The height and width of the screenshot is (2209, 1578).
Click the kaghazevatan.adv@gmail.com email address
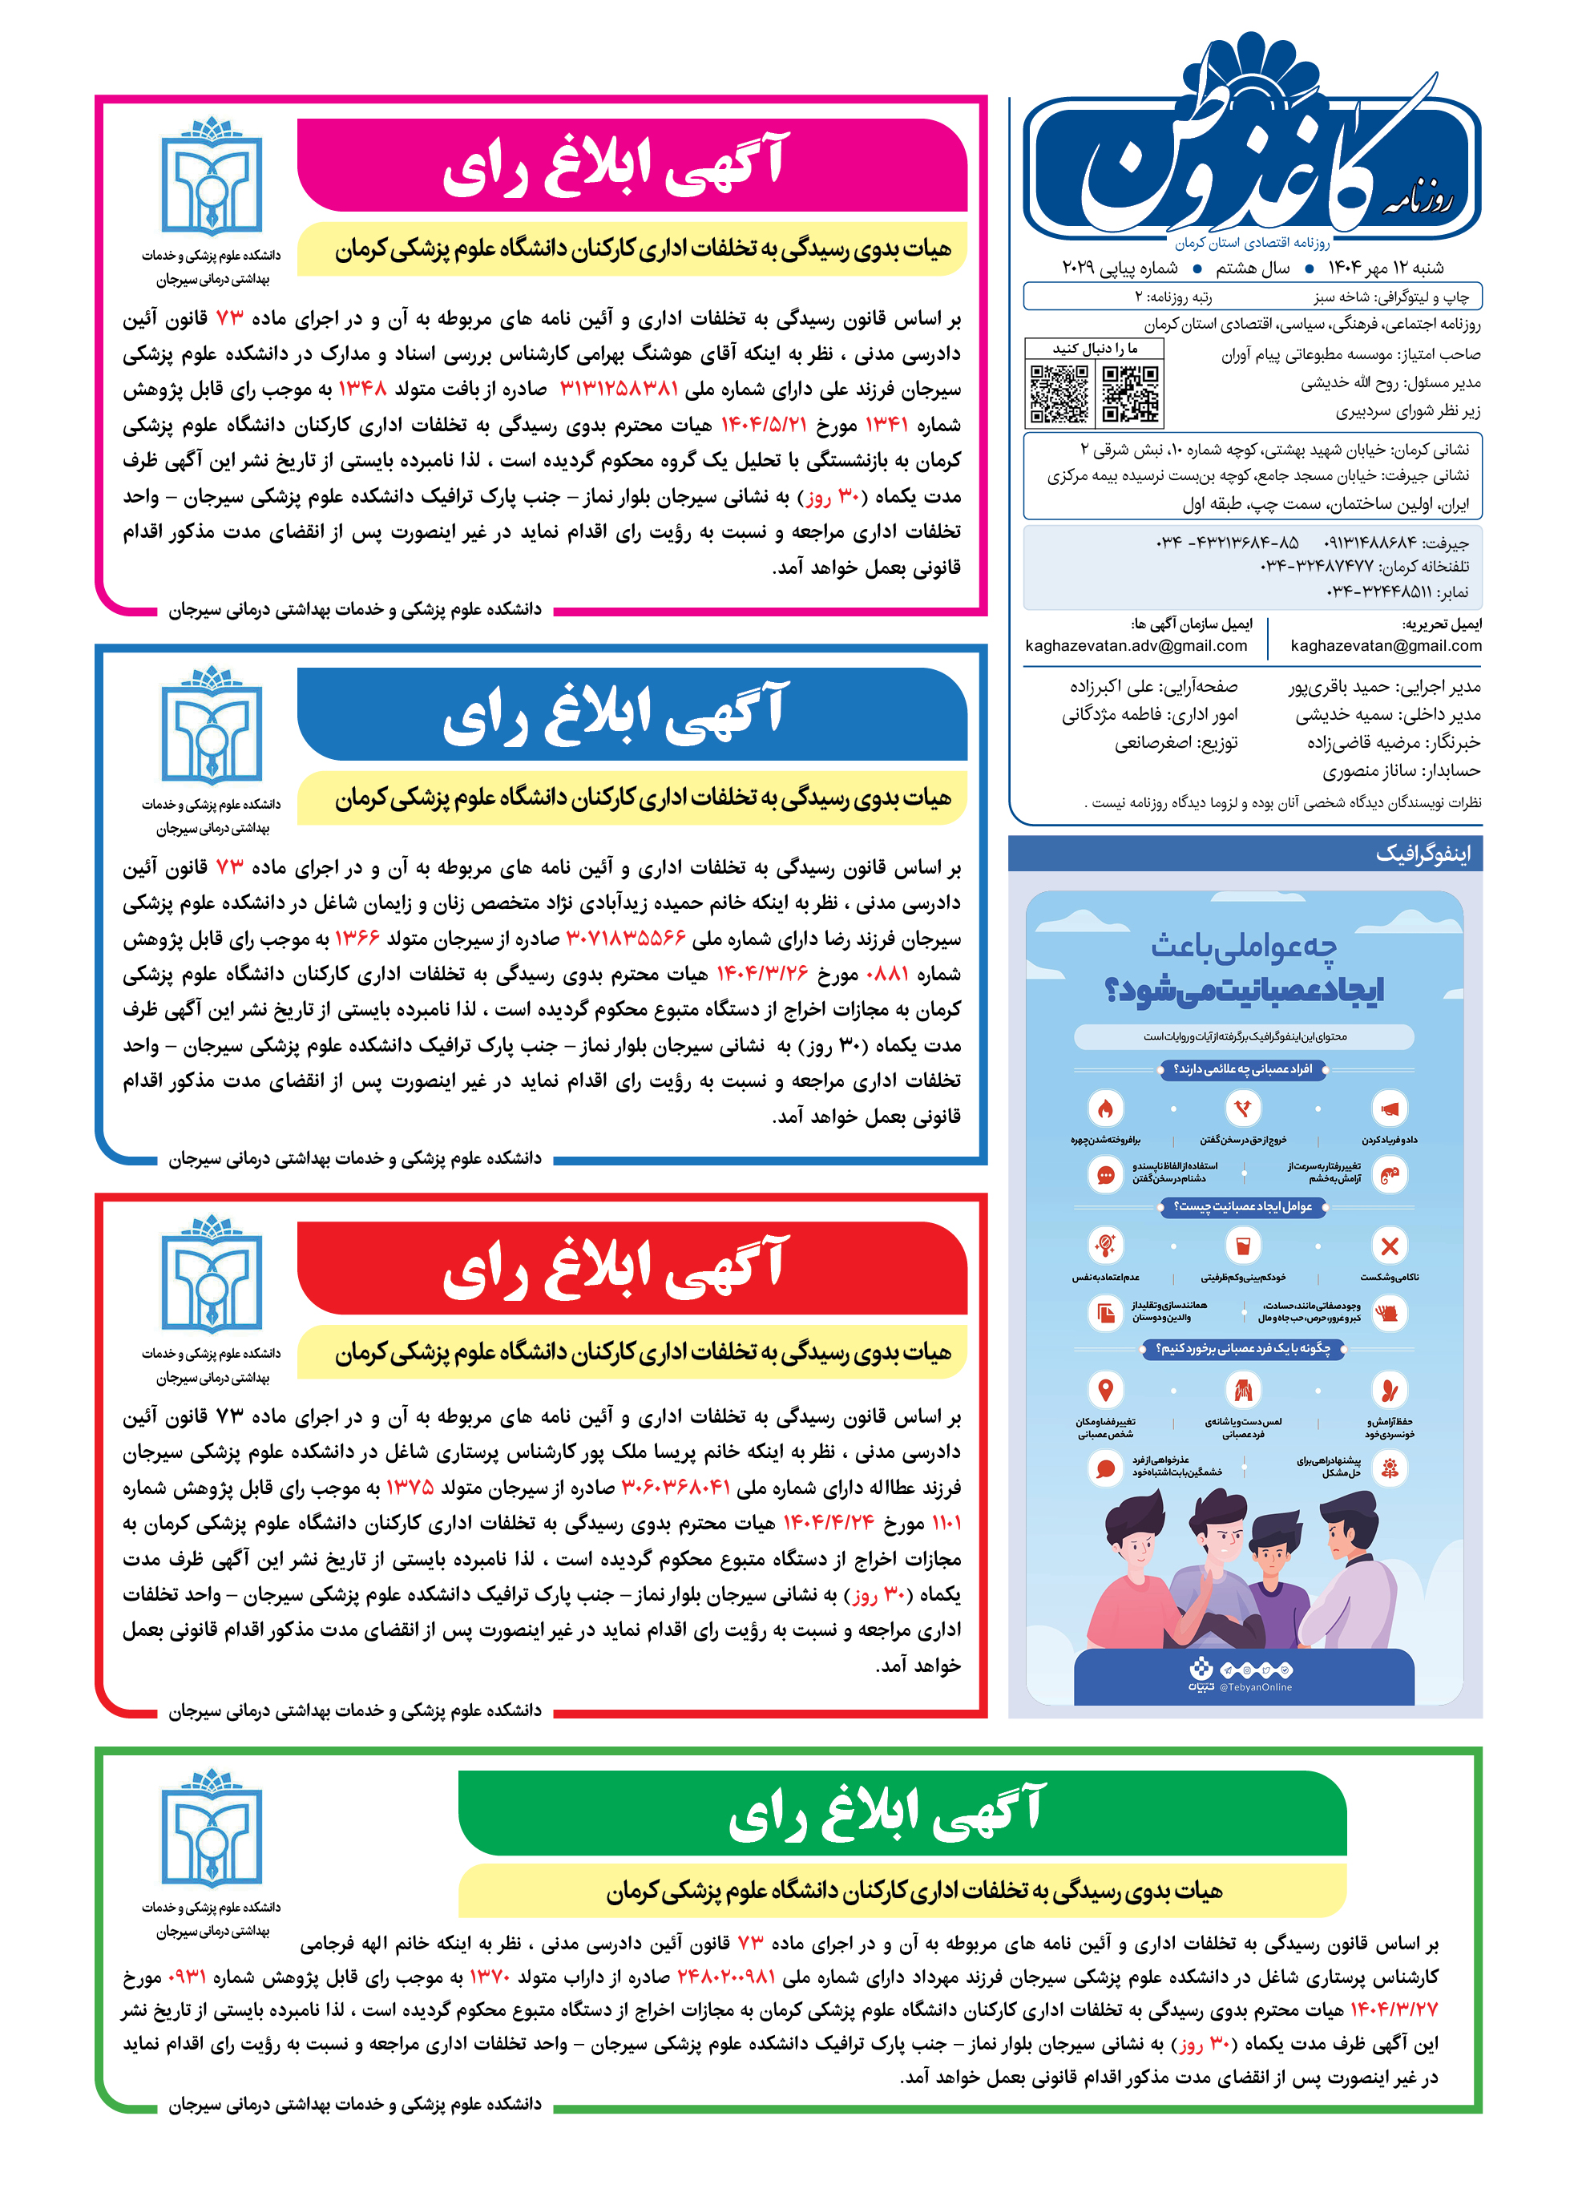[1136, 645]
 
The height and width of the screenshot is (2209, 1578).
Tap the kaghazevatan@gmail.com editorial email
[1386, 645]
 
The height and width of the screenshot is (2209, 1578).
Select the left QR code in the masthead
[1059, 394]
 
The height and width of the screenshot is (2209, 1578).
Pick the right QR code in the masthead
[1131, 394]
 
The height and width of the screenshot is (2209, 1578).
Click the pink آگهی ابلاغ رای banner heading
[614, 166]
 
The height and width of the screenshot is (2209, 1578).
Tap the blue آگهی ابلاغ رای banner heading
[614, 714]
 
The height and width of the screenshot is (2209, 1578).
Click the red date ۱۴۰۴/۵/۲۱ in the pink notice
[764, 425]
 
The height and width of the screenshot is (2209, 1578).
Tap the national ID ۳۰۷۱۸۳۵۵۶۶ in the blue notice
[626, 939]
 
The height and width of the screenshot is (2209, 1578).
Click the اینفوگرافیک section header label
[1423, 854]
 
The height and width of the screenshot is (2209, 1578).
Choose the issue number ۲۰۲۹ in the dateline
[1079, 269]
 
